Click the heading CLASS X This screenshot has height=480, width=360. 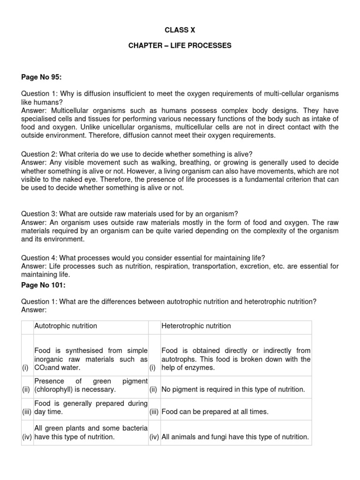(x=180, y=30)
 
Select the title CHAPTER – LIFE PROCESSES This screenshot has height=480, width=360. (x=180, y=45)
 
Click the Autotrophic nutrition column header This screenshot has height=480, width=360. (x=66, y=326)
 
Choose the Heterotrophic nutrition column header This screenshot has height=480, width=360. (x=196, y=326)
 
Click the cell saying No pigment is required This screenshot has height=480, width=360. (x=233, y=390)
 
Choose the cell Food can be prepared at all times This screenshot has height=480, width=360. (x=215, y=412)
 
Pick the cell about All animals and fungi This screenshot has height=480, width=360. (x=235, y=437)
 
